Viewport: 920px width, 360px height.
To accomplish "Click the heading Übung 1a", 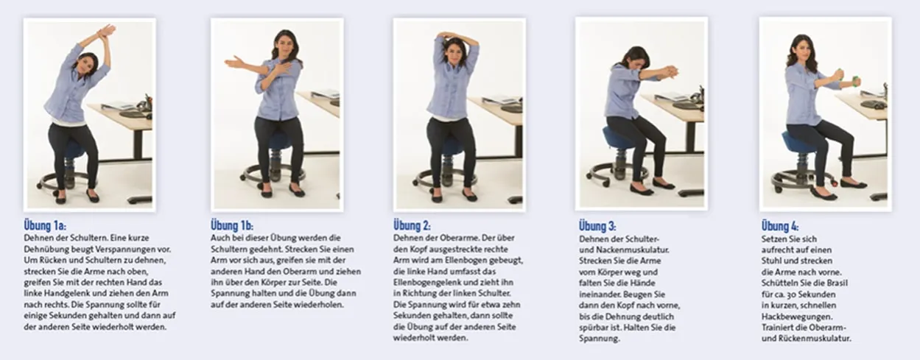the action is point(45,226).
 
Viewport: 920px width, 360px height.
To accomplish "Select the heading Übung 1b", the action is point(232,226).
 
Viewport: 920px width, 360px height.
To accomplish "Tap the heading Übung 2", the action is point(412,226).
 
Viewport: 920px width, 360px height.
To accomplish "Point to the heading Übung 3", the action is point(597,226).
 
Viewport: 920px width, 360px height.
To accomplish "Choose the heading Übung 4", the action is point(780,226).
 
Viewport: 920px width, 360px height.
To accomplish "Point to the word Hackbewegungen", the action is point(797,317).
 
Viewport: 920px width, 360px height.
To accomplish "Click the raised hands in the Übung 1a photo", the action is point(105,32).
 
